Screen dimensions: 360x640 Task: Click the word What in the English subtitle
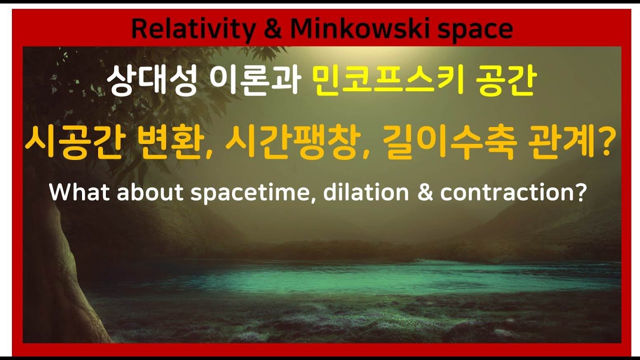pyautogui.click(x=79, y=192)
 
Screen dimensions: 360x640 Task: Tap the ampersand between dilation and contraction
pyautogui.click(x=424, y=192)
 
